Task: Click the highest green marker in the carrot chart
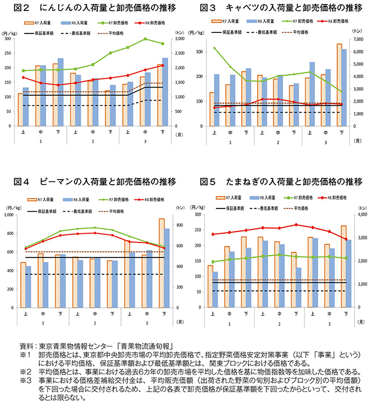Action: pyautogui.click(x=146, y=39)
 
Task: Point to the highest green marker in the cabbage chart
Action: pyautogui.click(x=215, y=48)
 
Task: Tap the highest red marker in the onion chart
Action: pyautogui.click(x=296, y=225)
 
